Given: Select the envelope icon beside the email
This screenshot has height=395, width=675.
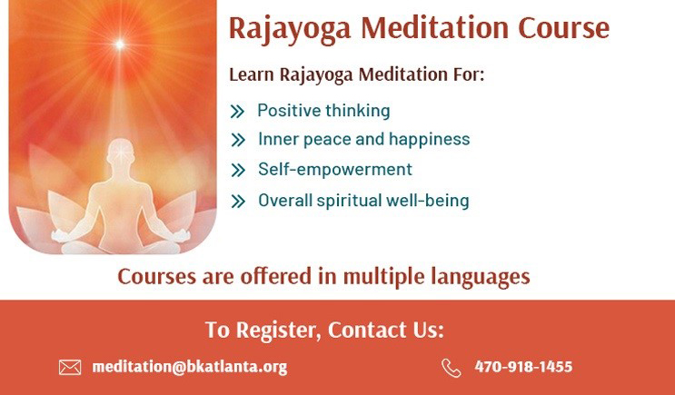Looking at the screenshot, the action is (x=70, y=368).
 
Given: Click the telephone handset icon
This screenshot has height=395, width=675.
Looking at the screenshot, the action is (x=452, y=368).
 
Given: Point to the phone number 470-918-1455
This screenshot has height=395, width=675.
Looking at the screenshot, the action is (x=523, y=367).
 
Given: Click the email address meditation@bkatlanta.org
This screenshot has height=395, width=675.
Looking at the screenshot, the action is (x=189, y=367).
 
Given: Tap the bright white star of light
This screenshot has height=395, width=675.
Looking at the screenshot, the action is (x=120, y=44).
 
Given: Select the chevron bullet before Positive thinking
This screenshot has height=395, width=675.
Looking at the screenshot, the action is (x=237, y=112).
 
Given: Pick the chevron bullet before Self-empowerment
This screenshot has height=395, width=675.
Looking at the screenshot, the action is (x=238, y=170).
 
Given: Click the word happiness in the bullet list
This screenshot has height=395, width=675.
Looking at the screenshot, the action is (x=429, y=140).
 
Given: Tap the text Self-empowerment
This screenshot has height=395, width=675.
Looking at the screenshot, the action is (x=335, y=169).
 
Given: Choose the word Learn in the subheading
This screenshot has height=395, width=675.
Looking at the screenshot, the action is (x=252, y=74).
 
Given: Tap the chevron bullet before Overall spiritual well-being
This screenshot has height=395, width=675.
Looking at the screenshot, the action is (x=238, y=201).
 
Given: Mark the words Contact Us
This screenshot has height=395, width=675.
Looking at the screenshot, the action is (x=386, y=330).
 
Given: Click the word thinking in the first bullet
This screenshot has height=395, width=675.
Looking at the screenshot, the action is (x=357, y=111).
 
